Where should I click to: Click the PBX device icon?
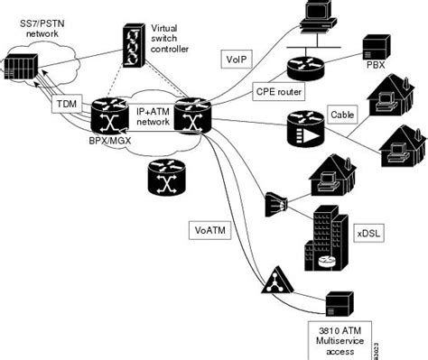pyautogui.click(x=375, y=45)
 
